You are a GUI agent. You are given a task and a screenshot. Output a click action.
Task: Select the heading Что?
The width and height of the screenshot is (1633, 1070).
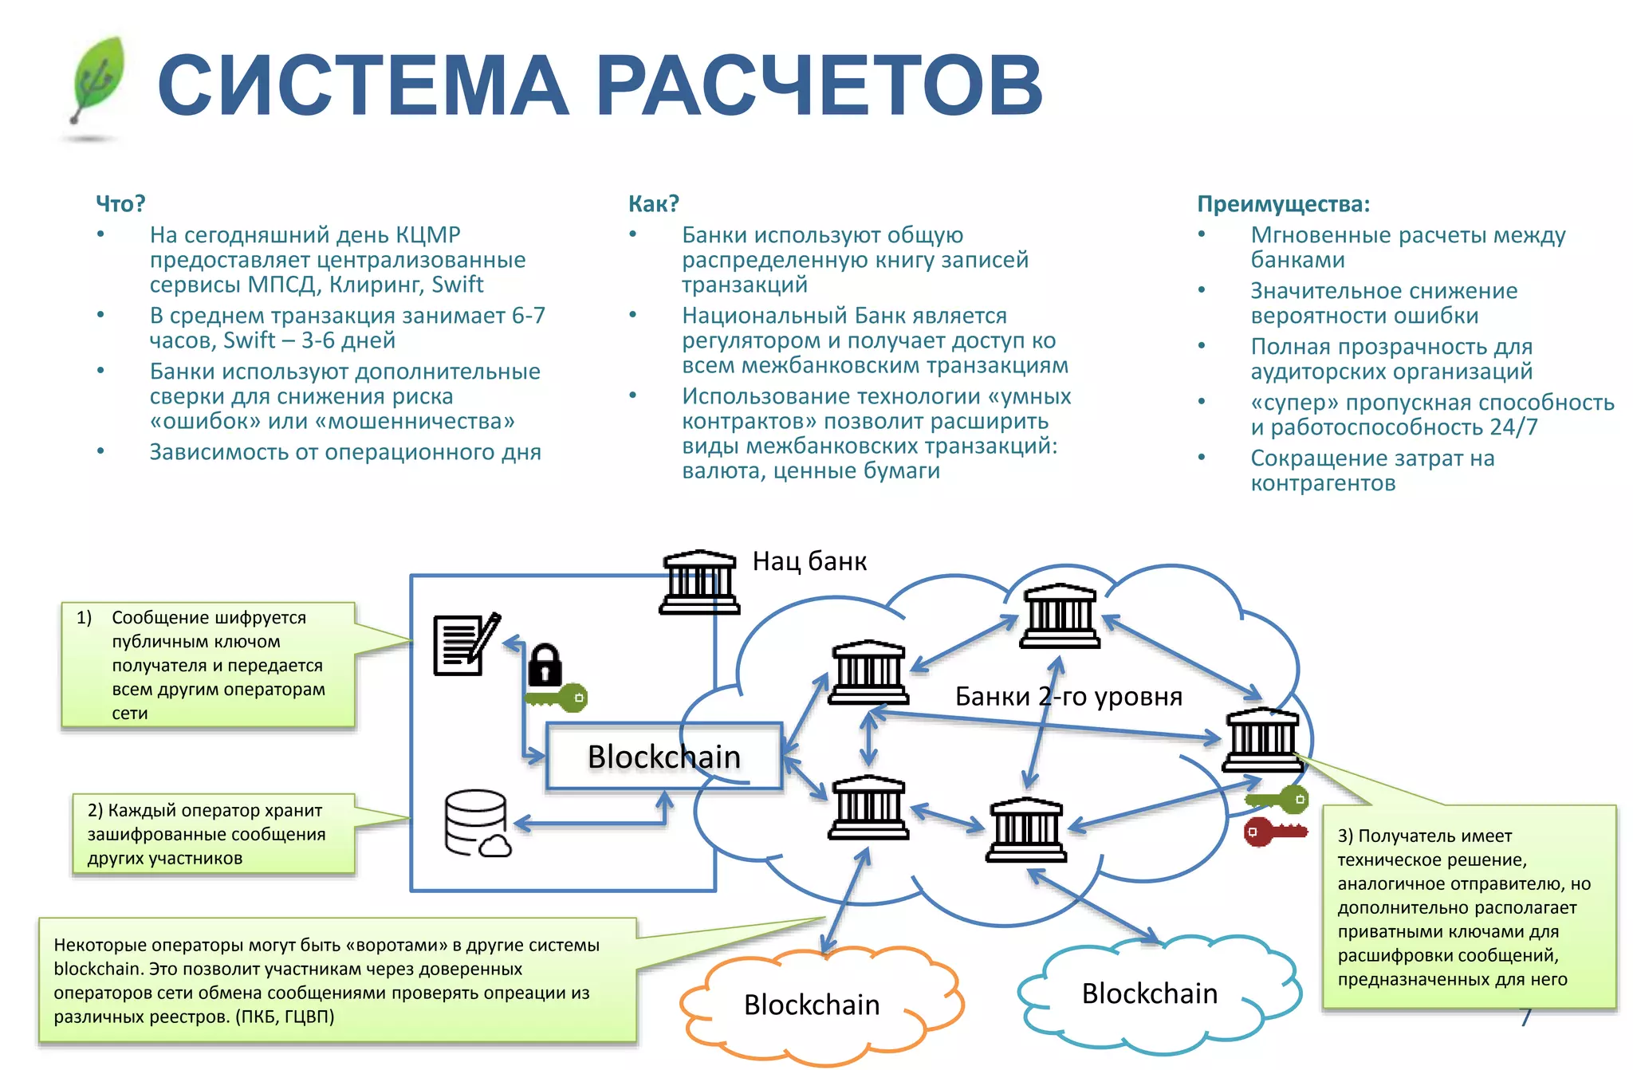[120, 204]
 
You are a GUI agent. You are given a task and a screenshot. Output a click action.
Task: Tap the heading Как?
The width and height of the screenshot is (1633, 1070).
[653, 204]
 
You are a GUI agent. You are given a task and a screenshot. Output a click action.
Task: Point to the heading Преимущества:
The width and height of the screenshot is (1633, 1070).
[1283, 204]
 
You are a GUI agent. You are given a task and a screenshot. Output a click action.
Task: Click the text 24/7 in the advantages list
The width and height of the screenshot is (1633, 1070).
[1513, 427]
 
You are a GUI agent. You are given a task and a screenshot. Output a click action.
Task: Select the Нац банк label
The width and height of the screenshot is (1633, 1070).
[809, 561]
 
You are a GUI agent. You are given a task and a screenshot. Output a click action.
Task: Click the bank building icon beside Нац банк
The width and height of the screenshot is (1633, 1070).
[699, 582]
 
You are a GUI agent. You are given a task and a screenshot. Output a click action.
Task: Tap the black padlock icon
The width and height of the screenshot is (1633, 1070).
[545, 664]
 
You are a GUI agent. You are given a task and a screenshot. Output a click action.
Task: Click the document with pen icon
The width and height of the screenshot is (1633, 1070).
[466, 644]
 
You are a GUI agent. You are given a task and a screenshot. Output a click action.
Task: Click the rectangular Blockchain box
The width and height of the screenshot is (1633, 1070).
[663, 757]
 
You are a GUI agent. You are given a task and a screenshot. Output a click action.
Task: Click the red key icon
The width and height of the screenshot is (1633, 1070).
[1274, 832]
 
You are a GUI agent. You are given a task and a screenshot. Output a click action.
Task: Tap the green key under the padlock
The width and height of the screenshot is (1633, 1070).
[557, 698]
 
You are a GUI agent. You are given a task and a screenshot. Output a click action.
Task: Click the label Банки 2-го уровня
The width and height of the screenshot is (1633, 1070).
[1068, 697]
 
